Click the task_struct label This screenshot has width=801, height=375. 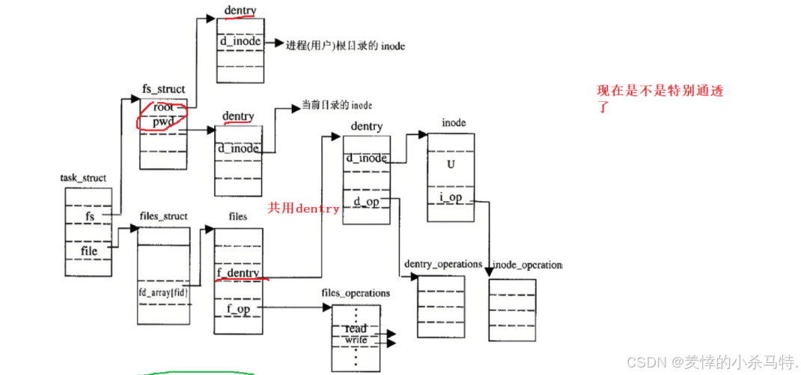(82, 178)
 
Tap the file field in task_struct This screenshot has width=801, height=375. (89, 250)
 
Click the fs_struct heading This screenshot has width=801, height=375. (163, 90)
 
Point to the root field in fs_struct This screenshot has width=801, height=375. (163, 107)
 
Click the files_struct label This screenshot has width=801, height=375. (163, 216)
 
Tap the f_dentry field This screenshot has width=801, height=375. (238, 273)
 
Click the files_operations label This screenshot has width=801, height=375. (356, 293)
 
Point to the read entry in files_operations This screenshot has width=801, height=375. (356, 329)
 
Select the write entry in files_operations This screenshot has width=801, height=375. (356, 341)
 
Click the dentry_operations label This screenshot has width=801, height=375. (442, 264)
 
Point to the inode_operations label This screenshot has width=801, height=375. (525, 265)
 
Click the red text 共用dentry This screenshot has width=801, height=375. (303, 208)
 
